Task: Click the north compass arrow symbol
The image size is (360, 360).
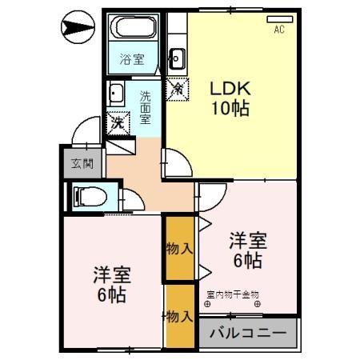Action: tap(75, 30)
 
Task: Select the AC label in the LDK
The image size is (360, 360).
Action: tap(279, 30)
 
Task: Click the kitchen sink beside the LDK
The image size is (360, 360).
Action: tap(177, 58)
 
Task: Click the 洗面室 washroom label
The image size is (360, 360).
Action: tap(145, 107)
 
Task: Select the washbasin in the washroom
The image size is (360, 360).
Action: tap(117, 93)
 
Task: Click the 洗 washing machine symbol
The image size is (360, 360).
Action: tap(118, 122)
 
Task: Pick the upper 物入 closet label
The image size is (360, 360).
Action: tap(178, 248)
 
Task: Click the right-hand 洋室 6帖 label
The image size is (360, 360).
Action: tap(246, 249)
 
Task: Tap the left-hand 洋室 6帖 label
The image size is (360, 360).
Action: tap(110, 284)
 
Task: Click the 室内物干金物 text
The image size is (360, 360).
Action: tap(233, 294)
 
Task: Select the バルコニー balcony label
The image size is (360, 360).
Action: tap(248, 332)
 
